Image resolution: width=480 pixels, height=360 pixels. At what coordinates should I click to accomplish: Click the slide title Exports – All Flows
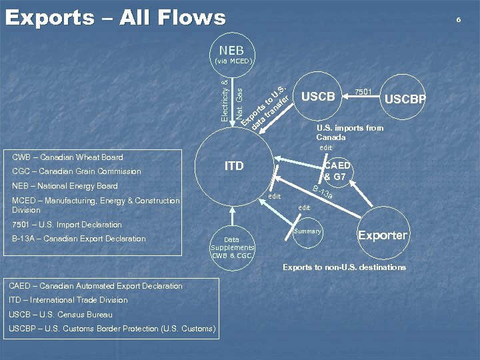[x=115, y=17]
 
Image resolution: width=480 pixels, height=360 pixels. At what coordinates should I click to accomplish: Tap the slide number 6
[x=459, y=20]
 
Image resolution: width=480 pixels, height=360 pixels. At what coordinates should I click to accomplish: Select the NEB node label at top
[x=231, y=51]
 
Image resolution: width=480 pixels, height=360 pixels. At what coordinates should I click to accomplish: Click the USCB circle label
[x=318, y=97]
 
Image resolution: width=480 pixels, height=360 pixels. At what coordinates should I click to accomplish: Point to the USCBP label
[x=405, y=100]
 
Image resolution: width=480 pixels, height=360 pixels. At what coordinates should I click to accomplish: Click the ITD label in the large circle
[x=234, y=166]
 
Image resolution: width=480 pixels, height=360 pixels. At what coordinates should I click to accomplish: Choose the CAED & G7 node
[x=335, y=171]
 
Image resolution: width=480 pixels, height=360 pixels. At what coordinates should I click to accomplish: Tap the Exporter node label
[x=383, y=235]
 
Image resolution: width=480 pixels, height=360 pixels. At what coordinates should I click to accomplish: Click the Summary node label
[x=307, y=231]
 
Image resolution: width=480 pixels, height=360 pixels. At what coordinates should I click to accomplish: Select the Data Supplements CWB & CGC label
[x=232, y=247]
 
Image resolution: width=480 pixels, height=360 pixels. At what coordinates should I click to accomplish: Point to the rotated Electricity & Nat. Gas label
[x=231, y=100]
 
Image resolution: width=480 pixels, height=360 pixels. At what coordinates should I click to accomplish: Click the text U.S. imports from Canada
[x=349, y=132]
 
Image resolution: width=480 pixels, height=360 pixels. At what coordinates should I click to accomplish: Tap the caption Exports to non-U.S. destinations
[x=344, y=267]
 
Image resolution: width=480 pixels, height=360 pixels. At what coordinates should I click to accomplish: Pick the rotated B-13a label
[x=322, y=192]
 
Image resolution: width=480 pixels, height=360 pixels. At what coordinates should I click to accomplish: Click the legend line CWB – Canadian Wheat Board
[x=68, y=157]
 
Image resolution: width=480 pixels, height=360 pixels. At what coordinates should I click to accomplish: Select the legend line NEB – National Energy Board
[x=65, y=186]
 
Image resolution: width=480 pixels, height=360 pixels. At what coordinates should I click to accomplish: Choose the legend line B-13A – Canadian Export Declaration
[x=79, y=239]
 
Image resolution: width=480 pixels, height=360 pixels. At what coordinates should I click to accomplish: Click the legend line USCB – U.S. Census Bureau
[x=61, y=314]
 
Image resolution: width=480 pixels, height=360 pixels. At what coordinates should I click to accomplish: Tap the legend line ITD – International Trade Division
[x=68, y=300]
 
